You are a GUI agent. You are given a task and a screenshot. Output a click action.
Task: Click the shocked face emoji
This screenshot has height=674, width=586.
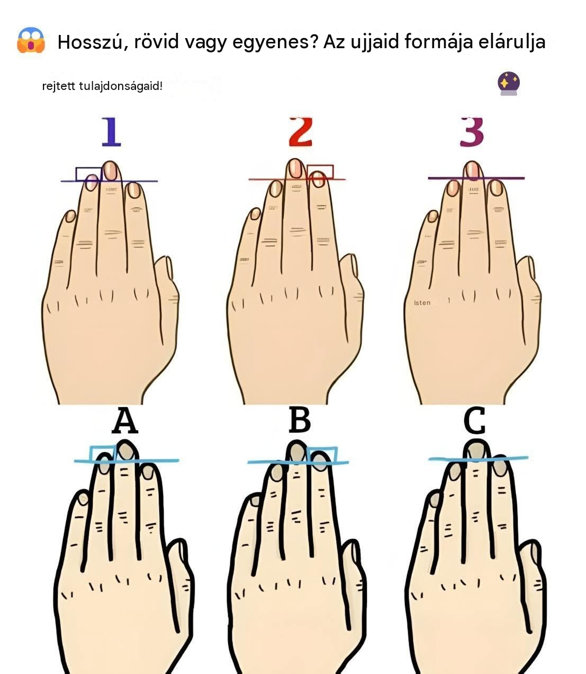click(31, 41)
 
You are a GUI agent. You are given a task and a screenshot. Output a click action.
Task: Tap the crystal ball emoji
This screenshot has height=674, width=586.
click(509, 84)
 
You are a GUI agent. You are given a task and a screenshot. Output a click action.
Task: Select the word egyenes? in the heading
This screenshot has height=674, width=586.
click(275, 43)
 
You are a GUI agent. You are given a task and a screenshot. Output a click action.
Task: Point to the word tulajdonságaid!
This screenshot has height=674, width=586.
click(121, 86)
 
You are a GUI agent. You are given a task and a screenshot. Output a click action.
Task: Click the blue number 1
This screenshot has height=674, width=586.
click(111, 132)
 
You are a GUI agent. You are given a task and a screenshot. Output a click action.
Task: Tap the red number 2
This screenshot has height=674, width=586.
click(300, 132)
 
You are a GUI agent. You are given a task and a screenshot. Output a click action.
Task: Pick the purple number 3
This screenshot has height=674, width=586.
click(472, 132)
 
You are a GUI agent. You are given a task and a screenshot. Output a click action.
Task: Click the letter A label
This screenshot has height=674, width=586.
click(124, 420)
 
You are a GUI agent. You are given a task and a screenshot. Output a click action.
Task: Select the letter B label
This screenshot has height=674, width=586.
click(300, 420)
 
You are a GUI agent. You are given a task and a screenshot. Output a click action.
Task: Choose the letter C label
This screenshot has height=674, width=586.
click(474, 420)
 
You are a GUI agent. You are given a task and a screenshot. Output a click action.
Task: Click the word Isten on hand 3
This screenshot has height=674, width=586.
click(422, 303)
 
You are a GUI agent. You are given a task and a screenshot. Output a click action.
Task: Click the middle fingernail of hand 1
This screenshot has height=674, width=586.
click(110, 170)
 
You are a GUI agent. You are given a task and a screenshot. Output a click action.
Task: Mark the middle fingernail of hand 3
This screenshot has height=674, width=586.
click(472, 171)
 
